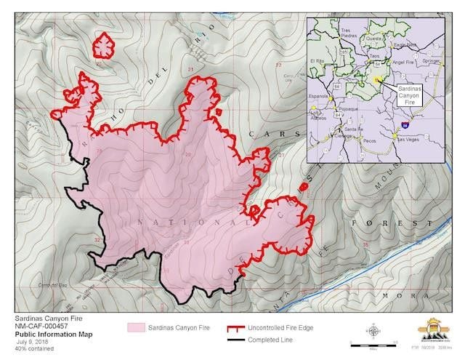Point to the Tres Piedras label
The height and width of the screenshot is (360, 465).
click(x=350, y=32)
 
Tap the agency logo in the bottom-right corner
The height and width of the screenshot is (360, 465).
click(x=434, y=332)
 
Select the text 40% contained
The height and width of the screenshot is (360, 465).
click(x=30, y=348)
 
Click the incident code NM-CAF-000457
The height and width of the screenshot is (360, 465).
click(x=39, y=326)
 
